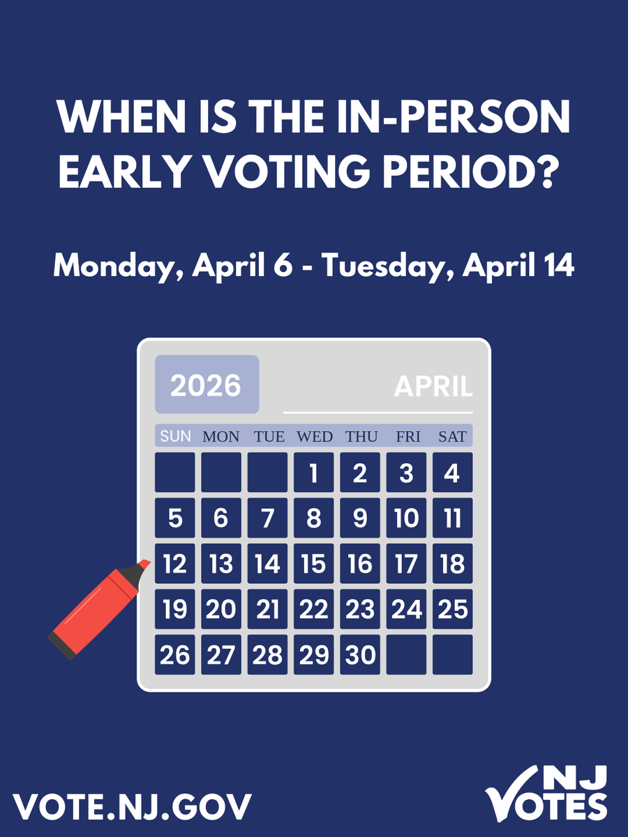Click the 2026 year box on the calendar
[207, 384]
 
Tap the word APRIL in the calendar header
[433, 386]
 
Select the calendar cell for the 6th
[221, 518]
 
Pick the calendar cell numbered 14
[267, 564]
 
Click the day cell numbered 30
[360, 654]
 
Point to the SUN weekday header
[175, 437]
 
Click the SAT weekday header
[452, 437]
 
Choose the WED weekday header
[315, 437]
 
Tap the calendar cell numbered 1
[313, 472]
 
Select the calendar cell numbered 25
[452, 609]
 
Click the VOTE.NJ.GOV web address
[132, 807]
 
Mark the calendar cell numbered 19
[175, 609]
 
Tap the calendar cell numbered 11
[452, 518]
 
